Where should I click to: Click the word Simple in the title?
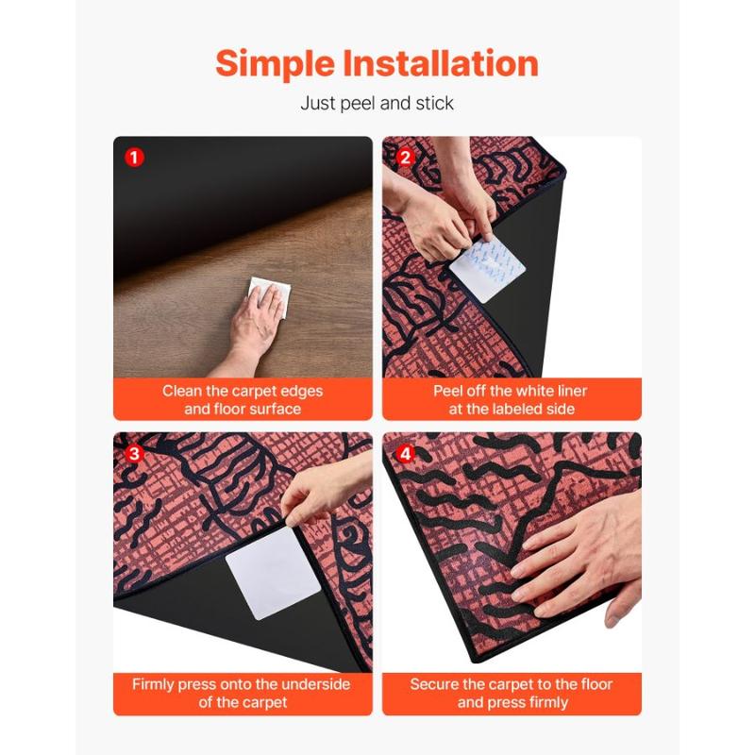[275, 64]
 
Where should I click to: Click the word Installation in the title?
[441, 63]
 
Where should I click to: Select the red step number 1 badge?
[134, 157]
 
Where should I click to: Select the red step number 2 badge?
[405, 157]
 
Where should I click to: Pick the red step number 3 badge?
[134, 453]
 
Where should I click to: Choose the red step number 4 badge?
[405, 453]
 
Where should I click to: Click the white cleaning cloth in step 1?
[271, 294]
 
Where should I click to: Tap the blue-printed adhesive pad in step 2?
[486, 269]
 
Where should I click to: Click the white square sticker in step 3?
[273, 573]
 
